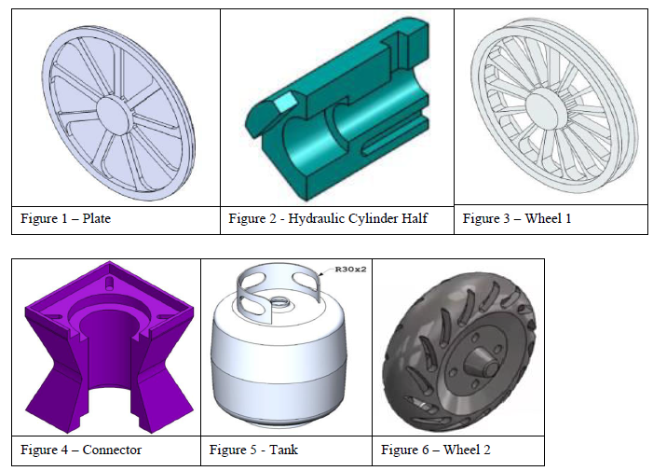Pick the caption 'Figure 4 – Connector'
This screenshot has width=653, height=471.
(x=81, y=450)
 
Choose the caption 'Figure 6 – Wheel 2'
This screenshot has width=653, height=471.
(x=435, y=450)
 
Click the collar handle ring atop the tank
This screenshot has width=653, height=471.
(x=279, y=285)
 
